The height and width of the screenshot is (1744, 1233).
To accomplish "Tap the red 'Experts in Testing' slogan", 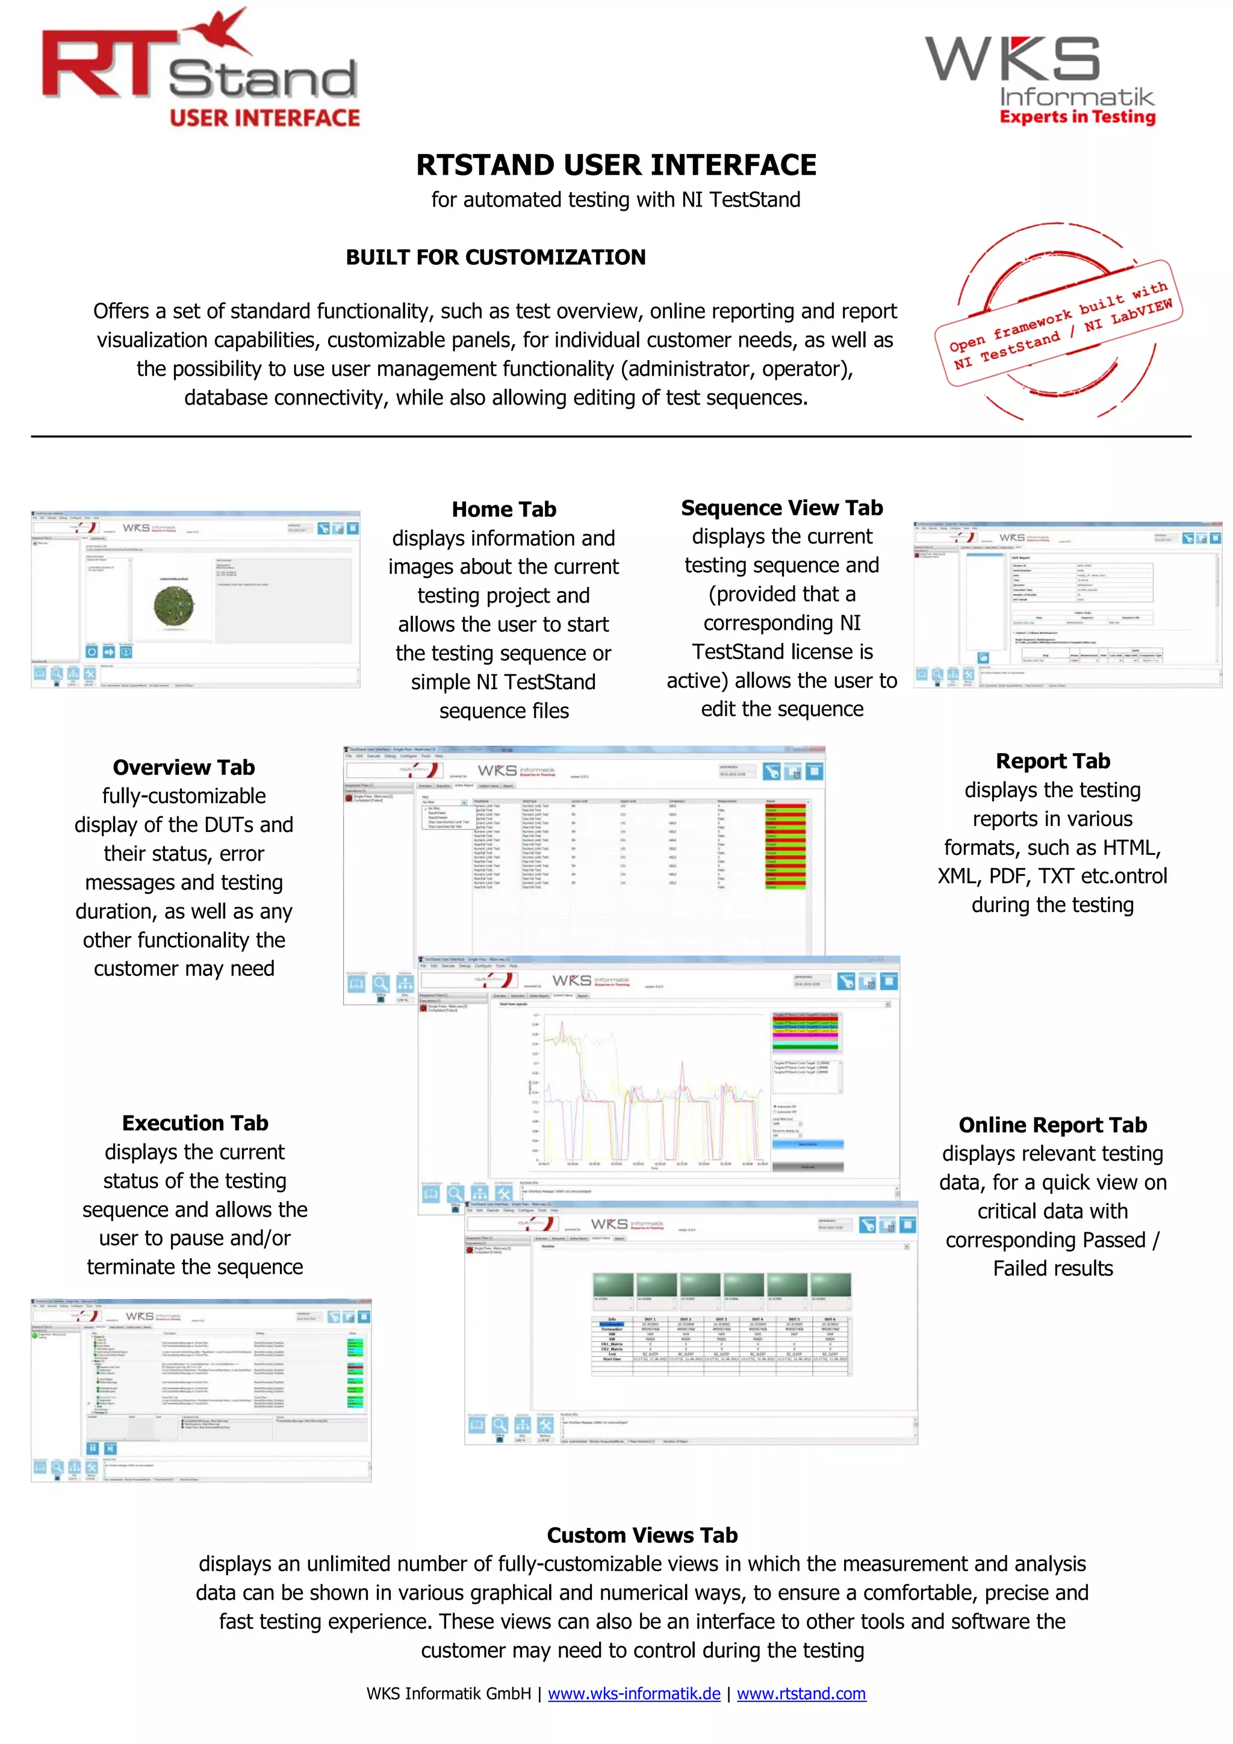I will (x=1076, y=117).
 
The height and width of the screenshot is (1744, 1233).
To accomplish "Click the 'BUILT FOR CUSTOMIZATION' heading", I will (x=495, y=258).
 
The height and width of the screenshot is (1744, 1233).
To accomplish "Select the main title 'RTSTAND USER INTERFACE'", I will (x=615, y=165).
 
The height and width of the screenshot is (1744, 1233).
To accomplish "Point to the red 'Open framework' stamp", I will (x=1058, y=323).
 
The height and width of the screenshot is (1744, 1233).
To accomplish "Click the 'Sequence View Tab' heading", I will (x=781, y=507).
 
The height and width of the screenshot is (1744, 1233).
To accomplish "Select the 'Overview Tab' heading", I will (x=184, y=767).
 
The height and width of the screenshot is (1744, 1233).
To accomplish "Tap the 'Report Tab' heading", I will (x=1052, y=761).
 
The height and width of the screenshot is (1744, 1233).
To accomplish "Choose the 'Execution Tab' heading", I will (x=194, y=1123).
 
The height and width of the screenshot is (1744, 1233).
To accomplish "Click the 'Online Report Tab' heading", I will (x=1052, y=1125).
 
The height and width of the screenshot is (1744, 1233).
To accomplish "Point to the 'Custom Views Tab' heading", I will (x=642, y=1535).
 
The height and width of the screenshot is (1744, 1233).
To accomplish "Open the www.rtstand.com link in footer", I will (x=801, y=1694).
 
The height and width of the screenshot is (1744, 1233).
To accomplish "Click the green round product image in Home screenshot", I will (x=174, y=606).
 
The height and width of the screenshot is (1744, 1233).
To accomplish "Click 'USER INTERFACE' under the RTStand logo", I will (x=264, y=118).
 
